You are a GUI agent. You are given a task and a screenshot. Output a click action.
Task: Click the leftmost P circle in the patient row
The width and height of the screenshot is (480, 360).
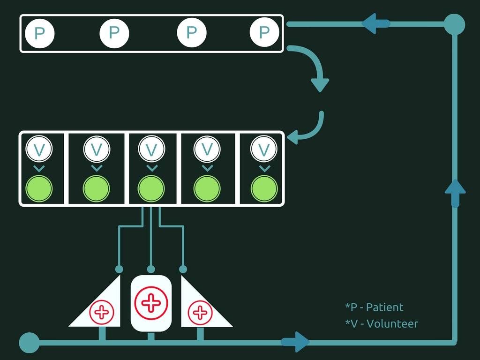[40, 33]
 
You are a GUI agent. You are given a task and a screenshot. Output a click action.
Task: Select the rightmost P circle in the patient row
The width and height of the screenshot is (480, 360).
[264, 32]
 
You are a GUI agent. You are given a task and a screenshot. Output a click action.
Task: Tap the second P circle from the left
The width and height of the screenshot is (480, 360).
[114, 33]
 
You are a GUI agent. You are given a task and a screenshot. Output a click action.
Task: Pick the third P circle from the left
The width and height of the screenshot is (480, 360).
[191, 33]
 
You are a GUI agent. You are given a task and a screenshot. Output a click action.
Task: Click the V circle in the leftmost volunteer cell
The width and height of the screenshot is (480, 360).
[39, 149]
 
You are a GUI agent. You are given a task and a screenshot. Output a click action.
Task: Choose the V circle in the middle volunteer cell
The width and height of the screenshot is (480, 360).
[151, 149]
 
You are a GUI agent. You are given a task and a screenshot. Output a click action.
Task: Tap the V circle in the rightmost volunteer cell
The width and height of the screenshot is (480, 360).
[264, 150]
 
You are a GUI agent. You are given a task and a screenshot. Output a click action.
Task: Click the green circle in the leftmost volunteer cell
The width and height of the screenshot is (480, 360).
[39, 188]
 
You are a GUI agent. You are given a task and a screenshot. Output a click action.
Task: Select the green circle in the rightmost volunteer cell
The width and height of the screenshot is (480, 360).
[264, 189]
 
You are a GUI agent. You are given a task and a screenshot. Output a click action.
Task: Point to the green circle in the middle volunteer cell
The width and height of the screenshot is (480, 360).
[151, 189]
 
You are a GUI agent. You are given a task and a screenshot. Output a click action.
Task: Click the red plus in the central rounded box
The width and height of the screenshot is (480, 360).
[151, 303]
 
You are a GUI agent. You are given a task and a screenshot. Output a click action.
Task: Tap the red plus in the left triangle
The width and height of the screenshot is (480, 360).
[102, 312]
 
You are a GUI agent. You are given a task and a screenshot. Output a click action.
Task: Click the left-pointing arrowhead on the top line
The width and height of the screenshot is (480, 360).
[373, 23]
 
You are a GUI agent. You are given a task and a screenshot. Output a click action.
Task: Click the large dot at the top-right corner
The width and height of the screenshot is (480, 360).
[454, 24]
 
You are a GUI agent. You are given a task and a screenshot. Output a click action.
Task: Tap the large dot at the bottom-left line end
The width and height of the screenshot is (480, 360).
[29, 343]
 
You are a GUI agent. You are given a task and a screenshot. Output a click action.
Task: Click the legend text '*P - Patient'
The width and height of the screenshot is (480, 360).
[374, 307]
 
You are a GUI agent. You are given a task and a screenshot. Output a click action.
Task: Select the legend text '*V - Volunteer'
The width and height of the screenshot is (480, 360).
[382, 323]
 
